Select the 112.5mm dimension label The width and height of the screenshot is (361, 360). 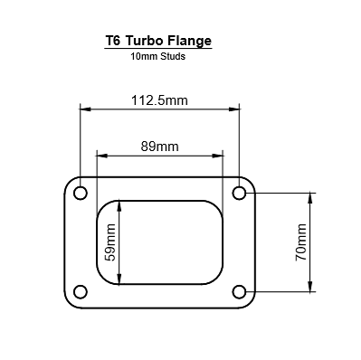[x=159, y=100]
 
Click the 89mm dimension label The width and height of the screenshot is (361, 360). [x=159, y=145]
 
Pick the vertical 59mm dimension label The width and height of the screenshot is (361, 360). [x=111, y=243]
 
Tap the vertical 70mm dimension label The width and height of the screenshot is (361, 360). [x=301, y=242]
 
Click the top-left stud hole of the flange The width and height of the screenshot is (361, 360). [x=80, y=194]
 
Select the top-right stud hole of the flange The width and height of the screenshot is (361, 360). [x=240, y=194]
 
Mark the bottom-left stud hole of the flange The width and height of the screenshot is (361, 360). [x=80, y=291]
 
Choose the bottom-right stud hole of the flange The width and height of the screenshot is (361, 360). [x=240, y=291]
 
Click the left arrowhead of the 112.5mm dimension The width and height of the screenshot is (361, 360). [x=84, y=109]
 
